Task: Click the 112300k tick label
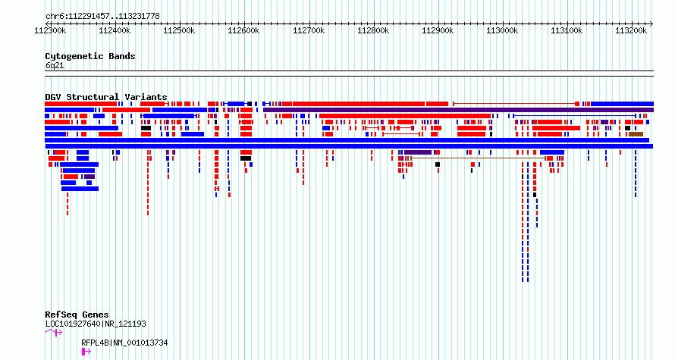(50, 30)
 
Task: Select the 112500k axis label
(180, 30)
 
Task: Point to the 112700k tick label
(309, 30)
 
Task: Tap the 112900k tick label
(438, 30)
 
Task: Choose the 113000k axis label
(502, 30)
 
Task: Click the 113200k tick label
(631, 30)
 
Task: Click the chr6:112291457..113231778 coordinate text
(102, 17)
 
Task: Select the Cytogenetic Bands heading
(90, 56)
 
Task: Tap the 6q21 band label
(55, 66)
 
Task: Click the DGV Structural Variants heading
(106, 97)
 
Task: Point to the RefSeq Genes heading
(77, 315)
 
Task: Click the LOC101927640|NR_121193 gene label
(96, 324)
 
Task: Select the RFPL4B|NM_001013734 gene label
(124, 343)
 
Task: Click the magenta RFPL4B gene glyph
(86, 352)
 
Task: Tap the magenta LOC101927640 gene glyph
(54, 332)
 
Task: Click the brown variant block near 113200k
(636, 134)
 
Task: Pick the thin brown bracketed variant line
(479, 158)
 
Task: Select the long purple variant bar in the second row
(458, 110)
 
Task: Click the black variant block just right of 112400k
(146, 128)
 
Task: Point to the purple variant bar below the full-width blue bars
(418, 152)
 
